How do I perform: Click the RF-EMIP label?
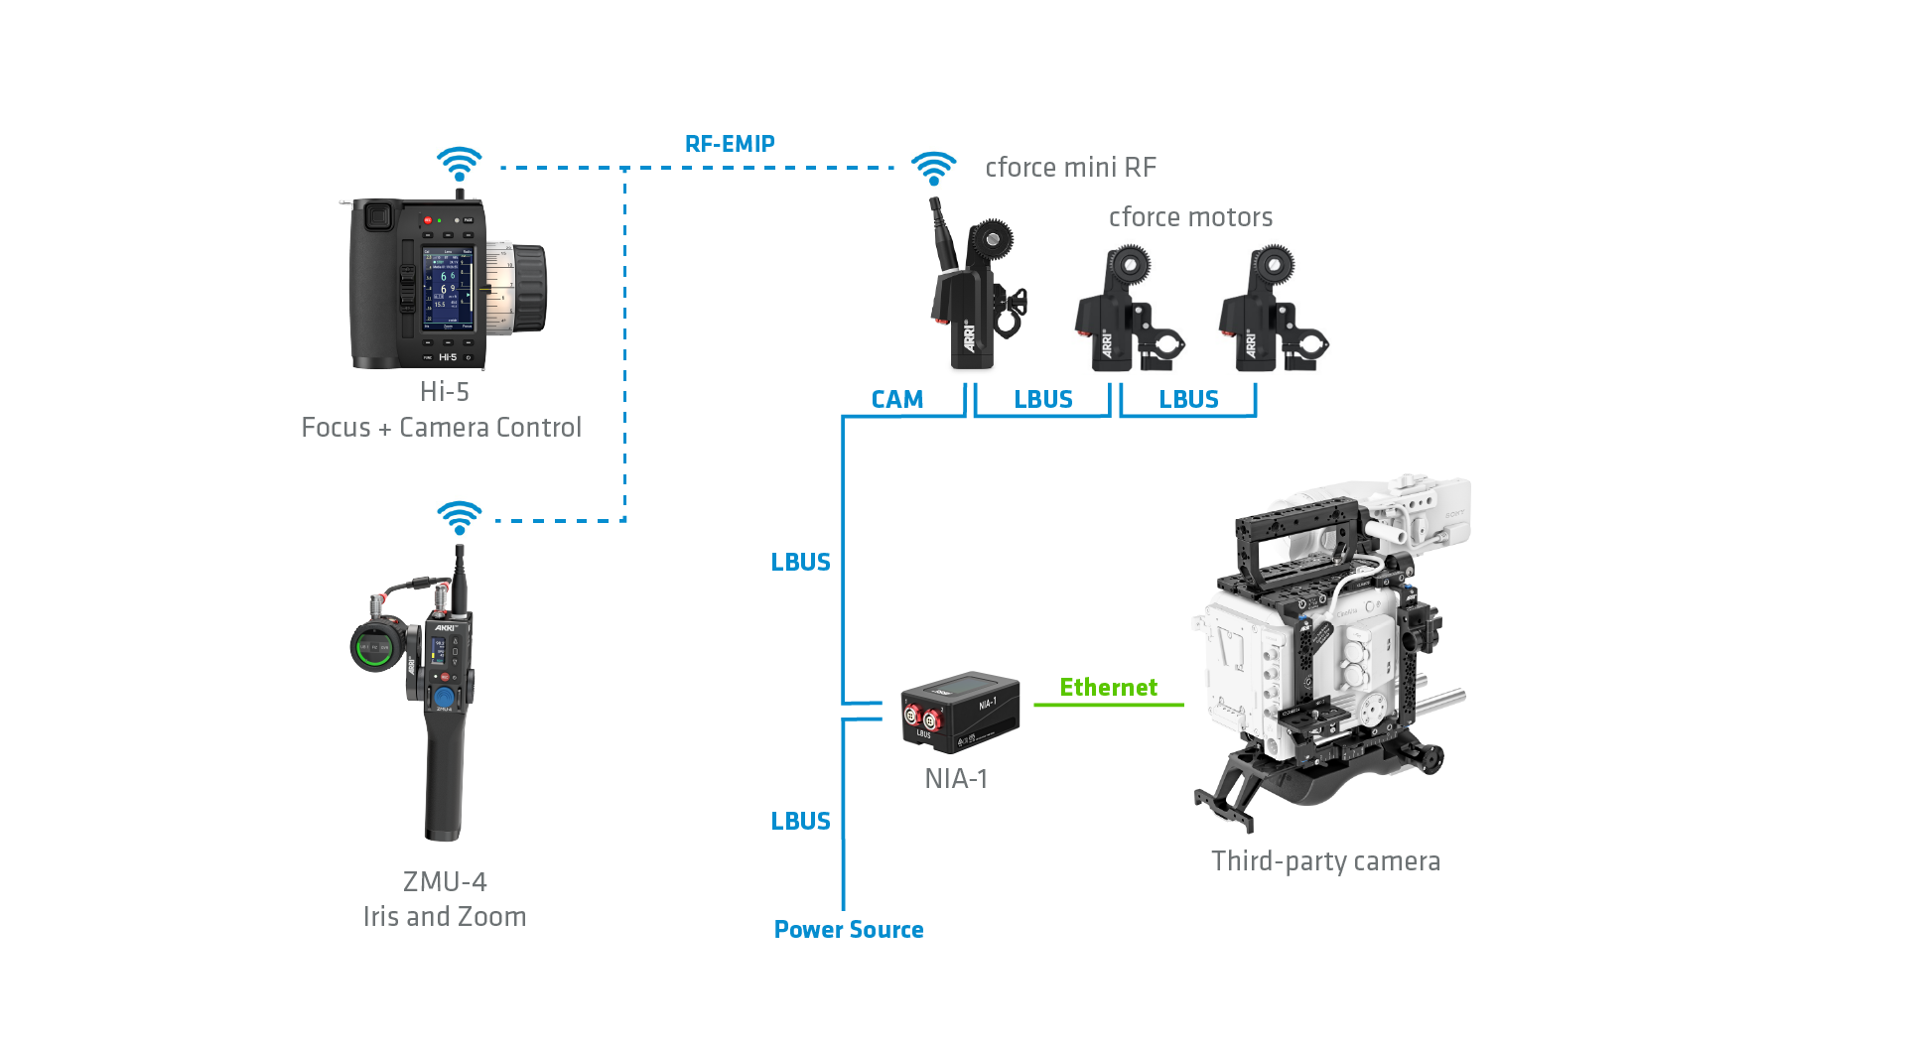pos(730,144)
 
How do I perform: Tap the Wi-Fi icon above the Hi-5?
pos(460,164)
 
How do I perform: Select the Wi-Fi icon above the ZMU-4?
pos(460,517)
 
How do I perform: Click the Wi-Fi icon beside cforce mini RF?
pos(934,168)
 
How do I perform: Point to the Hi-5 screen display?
pos(449,289)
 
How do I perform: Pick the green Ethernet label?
pos(1108,688)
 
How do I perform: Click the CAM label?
pos(897,400)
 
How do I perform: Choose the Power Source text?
pos(849,930)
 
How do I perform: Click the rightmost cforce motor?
pos(1272,312)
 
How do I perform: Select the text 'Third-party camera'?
pos(1325,861)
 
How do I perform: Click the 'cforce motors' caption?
pos(1190,217)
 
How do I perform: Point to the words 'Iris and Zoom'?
pos(445,917)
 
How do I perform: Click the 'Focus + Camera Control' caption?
pos(442,428)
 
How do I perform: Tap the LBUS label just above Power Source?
pos(801,822)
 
